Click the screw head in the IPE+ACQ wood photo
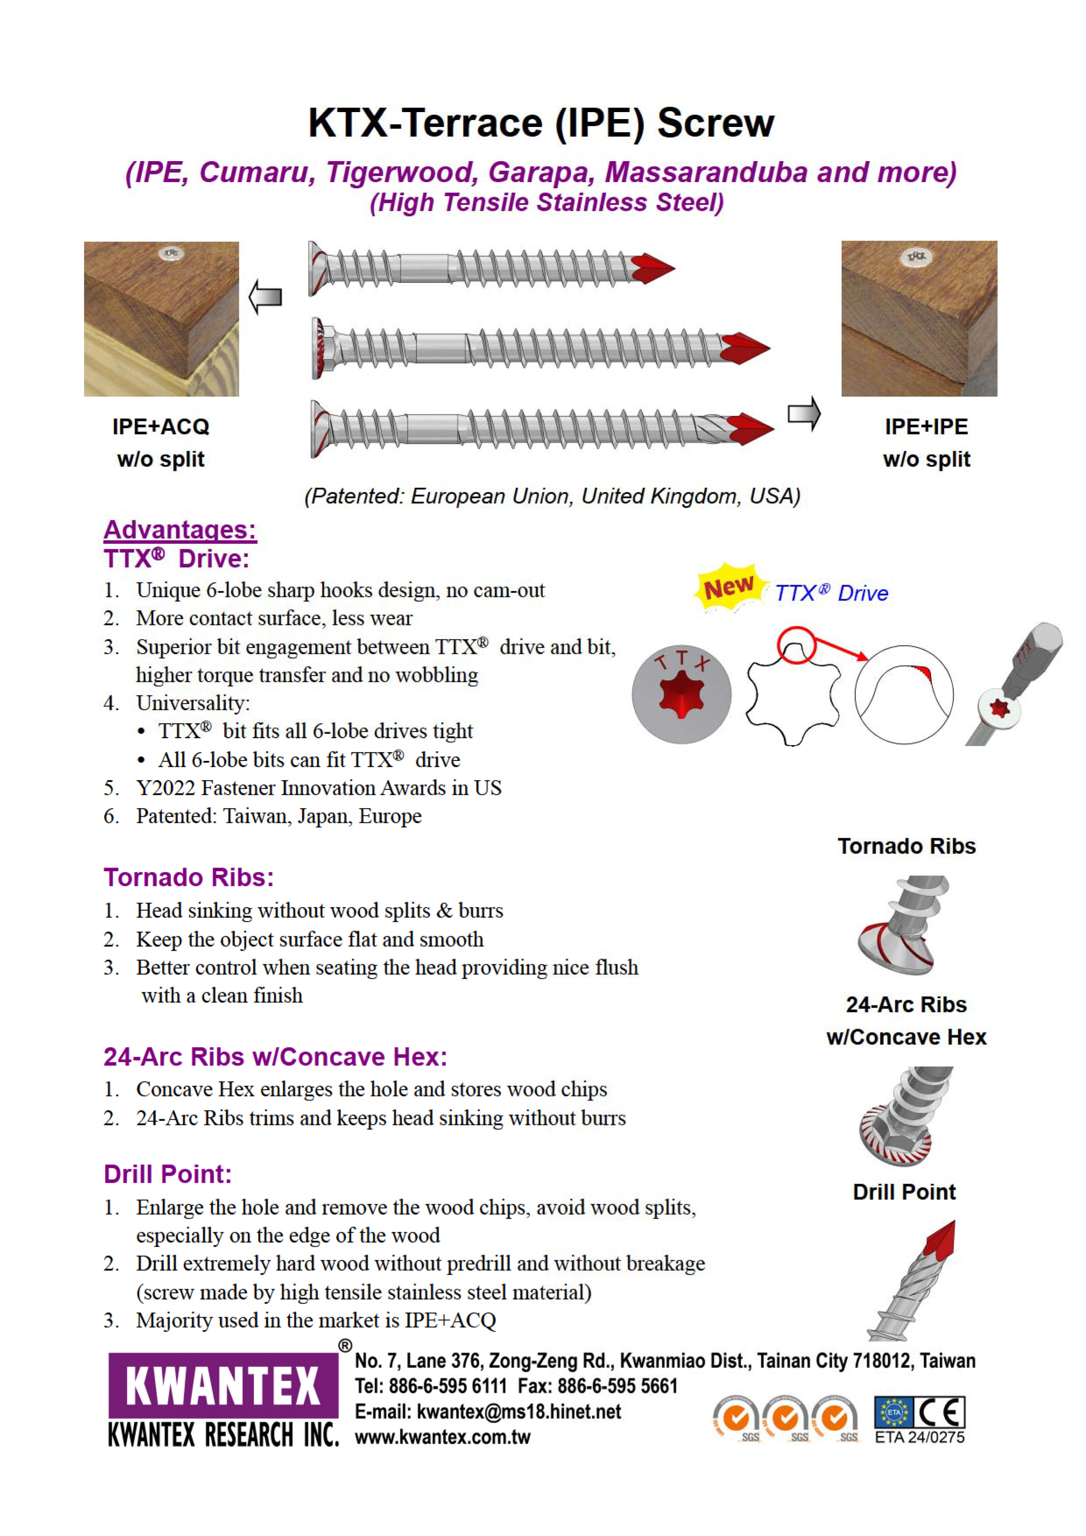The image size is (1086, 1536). [171, 253]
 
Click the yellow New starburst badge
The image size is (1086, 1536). [729, 587]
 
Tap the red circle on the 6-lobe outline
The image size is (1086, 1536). [796, 645]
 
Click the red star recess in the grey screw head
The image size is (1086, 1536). [681, 694]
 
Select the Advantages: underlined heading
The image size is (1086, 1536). [180, 529]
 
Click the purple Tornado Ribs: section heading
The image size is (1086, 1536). [189, 877]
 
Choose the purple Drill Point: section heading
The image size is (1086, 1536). [167, 1174]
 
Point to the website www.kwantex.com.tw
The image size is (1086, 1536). [442, 1437]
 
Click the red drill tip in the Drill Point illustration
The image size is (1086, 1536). [941, 1237]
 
